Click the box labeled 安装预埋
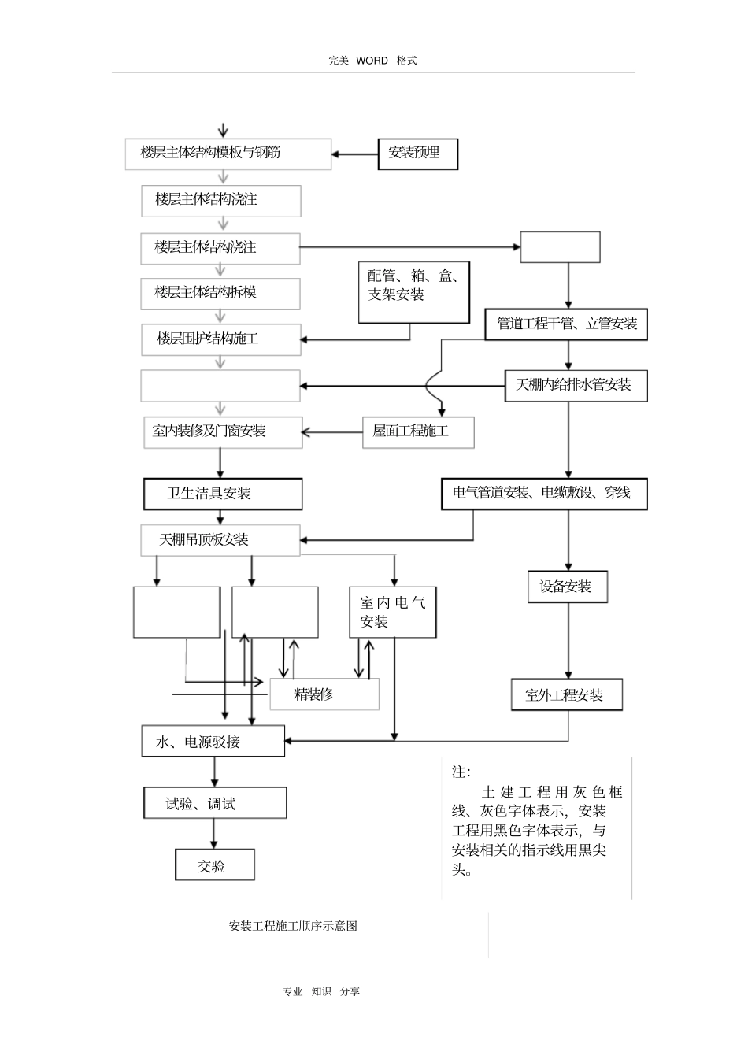click(418, 154)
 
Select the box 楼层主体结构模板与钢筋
click(228, 154)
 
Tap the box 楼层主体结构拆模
click(220, 294)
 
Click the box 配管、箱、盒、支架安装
click(413, 292)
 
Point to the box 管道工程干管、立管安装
click(566, 324)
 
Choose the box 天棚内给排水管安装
click(576, 385)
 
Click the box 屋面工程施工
click(418, 432)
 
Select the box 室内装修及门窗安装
click(223, 432)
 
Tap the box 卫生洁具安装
click(223, 494)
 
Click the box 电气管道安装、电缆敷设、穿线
click(544, 494)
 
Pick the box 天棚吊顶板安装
click(220, 540)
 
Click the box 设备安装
click(567, 587)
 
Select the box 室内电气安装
click(393, 612)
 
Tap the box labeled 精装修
click(324, 694)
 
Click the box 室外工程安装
click(567, 695)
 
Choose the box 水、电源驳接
click(213, 741)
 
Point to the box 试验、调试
click(215, 803)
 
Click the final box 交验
click(215, 865)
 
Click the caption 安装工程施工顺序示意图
click(293, 926)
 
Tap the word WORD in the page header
click(372, 61)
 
